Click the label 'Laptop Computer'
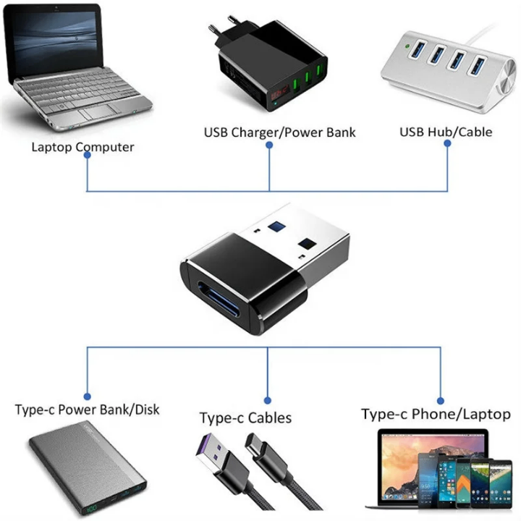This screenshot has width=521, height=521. pyautogui.click(x=82, y=147)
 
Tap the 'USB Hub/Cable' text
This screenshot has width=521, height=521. pyautogui.click(x=446, y=132)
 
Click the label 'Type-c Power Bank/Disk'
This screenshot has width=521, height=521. pyautogui.click(x=87, y=410)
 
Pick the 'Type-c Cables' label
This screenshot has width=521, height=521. pyautogui.click(x=245, y=418)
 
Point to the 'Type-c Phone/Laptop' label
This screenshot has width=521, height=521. pyautogui.click(x=436, y=414)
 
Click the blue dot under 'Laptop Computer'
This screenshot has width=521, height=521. pyautogui.click(x=88, y=156)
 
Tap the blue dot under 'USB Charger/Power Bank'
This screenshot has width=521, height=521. pyautogui.click(x=269, y=144)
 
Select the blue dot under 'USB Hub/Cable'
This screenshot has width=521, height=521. pyautogui.click(x=447, y=143)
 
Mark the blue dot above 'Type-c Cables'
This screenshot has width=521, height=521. pyautogui.click(x=268, y=399)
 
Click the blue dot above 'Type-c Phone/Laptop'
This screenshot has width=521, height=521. pyautogui.click(x=441, y=397)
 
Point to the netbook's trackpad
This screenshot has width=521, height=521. pyautogui.click(x=93, y=113)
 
